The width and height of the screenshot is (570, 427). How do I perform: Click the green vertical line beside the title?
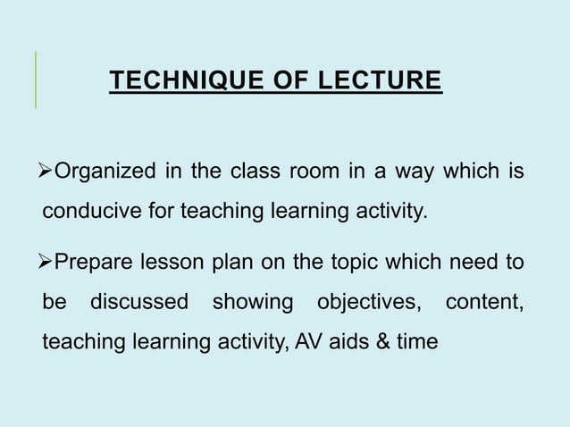(36, 80)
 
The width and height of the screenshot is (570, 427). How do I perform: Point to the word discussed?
(139, 303)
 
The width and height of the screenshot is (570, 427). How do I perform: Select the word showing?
(253, 303)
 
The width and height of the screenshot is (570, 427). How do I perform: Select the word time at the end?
(418, 342)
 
